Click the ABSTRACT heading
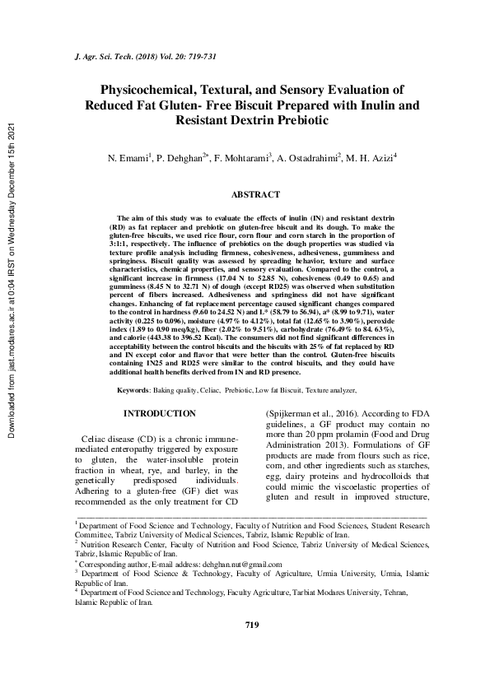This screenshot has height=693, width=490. click(x=255, y=195)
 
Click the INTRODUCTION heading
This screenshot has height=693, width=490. click(x=159, y=413)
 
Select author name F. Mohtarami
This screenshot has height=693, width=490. click(x=247, y=156)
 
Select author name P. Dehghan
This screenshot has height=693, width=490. click(x=187, y=156)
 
